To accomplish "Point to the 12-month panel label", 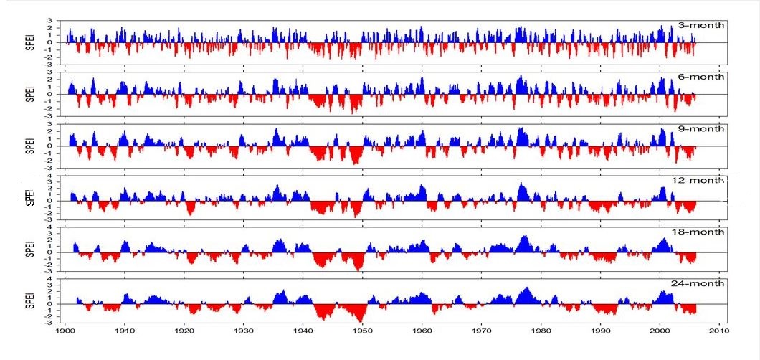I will point(700,181).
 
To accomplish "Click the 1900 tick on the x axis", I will point(65,331).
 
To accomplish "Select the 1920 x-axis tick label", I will point(184,331).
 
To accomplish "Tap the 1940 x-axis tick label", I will point(303,331).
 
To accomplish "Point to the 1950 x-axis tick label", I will point(363,331).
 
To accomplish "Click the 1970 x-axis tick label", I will point(482,331).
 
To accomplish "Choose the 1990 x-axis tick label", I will point(601,331).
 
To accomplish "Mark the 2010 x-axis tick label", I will point(720,331).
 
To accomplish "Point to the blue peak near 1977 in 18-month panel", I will point(526,237).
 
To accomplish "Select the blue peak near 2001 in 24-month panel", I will point(660,293).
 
